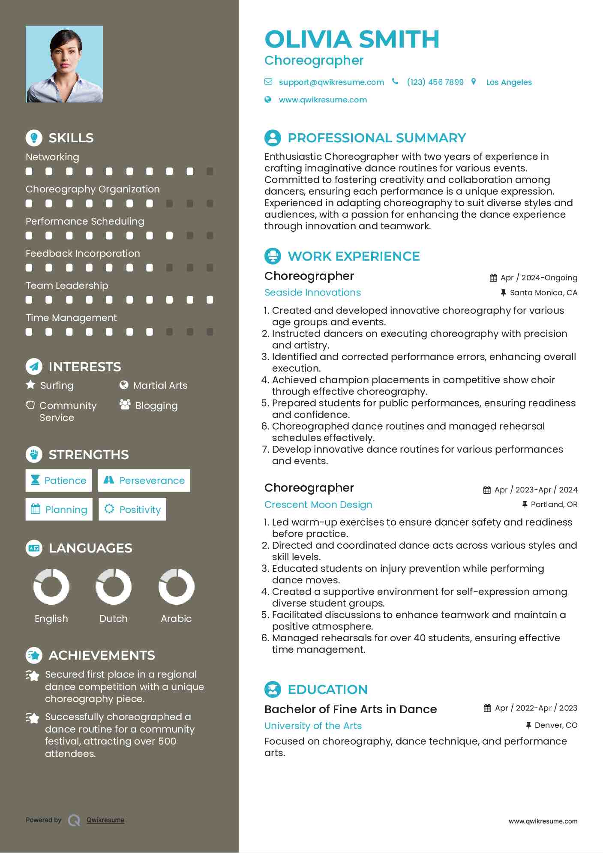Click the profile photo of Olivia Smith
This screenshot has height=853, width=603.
[x=64, y=64]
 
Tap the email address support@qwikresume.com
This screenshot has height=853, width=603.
[x=331, y=82]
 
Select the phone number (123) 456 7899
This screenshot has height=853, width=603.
[x=435, y=82]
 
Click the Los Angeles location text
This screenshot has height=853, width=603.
[x=509, y=82]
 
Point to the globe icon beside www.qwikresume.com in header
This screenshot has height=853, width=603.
[x=268, y=99]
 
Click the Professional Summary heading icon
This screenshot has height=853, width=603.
[x=273, y=138]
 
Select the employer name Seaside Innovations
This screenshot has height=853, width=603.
[x=312, y=292]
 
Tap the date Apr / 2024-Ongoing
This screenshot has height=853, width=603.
[x=539, y=278]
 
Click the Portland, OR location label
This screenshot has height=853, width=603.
[x=554, y=505]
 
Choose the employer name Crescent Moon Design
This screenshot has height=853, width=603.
[x=318, y=505]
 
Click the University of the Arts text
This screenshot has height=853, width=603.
[x=313, y=726]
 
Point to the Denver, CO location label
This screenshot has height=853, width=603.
[x=556, y=725]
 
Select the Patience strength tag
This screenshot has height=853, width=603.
[x=59, y=481]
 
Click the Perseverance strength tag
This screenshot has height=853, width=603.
[x=144, y=481]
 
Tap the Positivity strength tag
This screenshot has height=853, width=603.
[x=132, y=509]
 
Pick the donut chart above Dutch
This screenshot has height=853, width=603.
[x=114, y=586]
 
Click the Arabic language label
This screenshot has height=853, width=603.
[x=176, y=619]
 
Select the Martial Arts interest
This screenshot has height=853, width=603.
[x=160, y=385]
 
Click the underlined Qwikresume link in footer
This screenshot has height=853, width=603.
[x=105, y=820]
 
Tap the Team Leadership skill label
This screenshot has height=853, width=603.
[x=67, y=285]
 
